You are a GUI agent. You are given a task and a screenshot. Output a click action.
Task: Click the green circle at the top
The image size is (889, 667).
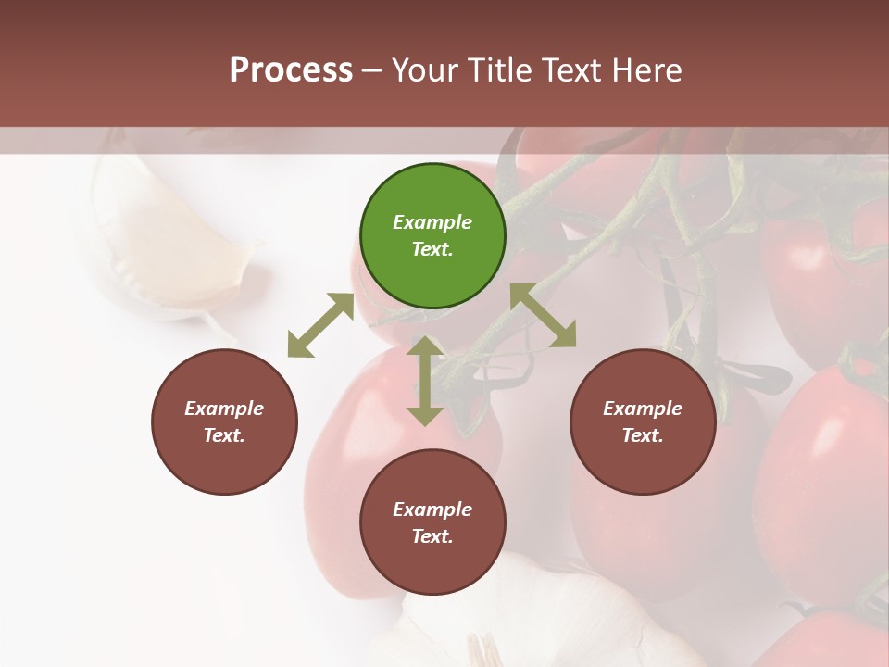tap(432, 236)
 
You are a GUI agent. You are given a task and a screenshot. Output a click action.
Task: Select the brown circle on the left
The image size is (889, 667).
tap(224, 422)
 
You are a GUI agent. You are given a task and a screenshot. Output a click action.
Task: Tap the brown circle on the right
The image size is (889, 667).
tap(643, 422)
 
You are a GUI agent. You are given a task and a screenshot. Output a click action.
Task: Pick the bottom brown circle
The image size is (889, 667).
tap(432, 522)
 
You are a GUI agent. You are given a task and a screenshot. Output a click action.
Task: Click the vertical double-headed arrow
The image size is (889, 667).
tap(425, 380)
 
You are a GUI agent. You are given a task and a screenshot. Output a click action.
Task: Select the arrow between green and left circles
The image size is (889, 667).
tap(320, 325)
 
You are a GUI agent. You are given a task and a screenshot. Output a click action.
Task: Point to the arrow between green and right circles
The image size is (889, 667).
tap(543, 315)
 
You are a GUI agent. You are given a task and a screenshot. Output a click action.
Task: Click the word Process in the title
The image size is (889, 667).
tap(291, 70)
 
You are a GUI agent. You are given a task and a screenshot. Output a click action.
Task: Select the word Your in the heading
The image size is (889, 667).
tap(423, 70)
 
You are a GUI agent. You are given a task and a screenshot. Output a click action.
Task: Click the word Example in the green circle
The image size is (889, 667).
tap(432, 222)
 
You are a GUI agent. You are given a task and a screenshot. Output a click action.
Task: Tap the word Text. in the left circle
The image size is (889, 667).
tap(224, 435)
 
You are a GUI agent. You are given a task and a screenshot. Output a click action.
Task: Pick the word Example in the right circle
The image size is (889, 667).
tap(643, 409)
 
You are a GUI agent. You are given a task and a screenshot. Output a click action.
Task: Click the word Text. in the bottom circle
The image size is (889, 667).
tap(432, 536)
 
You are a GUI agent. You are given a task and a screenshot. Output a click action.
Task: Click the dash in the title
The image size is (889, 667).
tap(372, 70)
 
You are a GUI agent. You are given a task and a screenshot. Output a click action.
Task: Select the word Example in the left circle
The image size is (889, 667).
tap(224, 409)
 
